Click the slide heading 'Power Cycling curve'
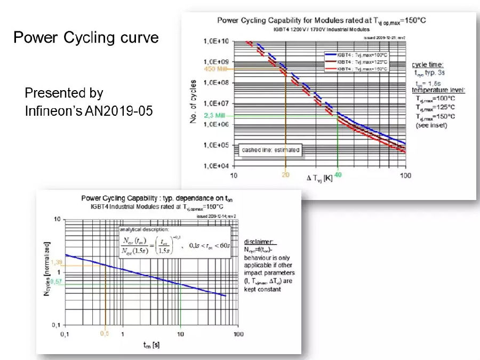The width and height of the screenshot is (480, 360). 86,38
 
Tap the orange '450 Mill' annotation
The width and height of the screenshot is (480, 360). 216,68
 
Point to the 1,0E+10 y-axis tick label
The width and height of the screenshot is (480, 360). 215,41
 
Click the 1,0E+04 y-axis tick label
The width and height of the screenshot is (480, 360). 215,165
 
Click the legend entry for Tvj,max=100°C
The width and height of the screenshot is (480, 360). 356,54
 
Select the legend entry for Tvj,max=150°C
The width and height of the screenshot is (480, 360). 356,69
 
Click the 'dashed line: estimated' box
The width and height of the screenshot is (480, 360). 270,150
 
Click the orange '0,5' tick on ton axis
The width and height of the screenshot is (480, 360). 105,333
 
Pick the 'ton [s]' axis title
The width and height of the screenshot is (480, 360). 151,345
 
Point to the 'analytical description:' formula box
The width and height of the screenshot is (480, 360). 175,243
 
